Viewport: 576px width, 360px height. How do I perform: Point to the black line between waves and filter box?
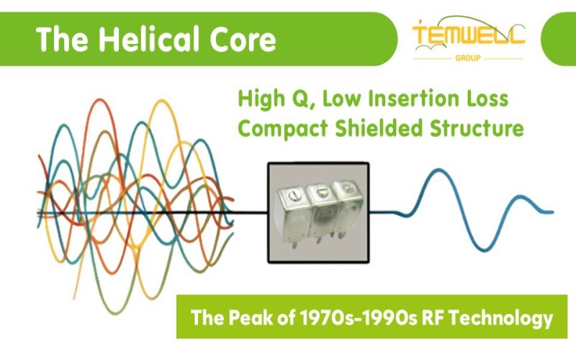[x=248, y=212]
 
